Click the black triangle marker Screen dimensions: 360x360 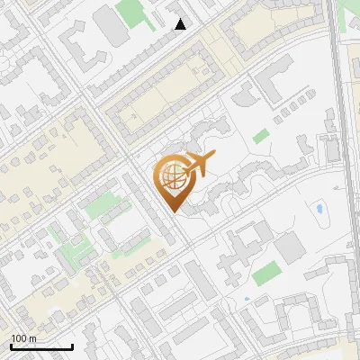click(181, 24)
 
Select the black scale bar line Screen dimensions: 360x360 click(41, 346)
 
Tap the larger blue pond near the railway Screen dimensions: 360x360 click(319, 211)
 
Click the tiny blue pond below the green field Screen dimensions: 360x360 click(246, 298)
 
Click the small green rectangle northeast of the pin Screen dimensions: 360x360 click(262, 137)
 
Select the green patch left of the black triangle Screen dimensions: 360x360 click(133, 12)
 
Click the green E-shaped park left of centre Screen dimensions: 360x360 click(103, 204)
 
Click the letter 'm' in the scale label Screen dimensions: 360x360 click(32, 338)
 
